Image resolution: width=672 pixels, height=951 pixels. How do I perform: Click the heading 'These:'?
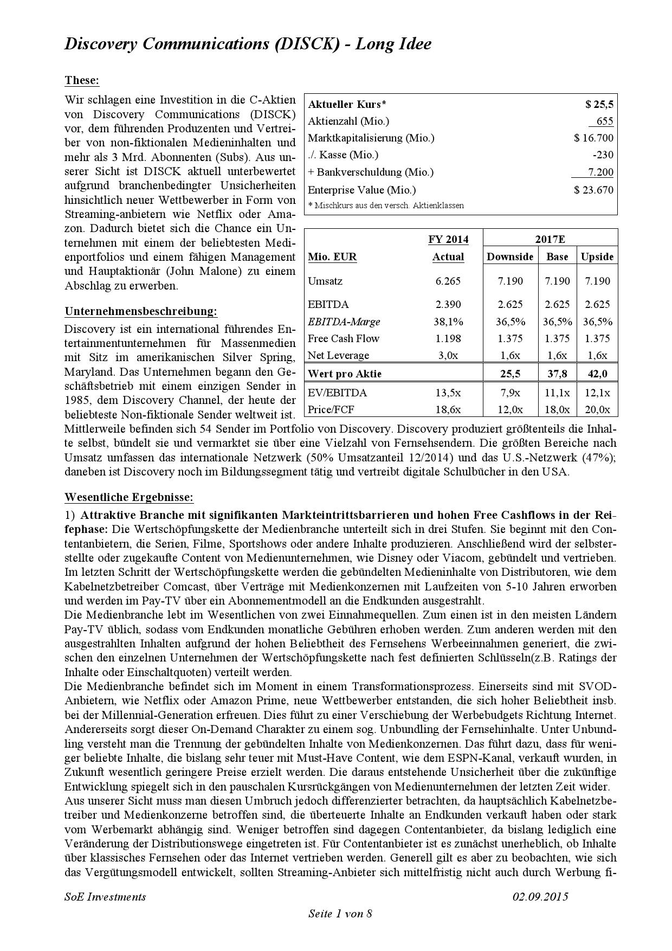click(82, 81)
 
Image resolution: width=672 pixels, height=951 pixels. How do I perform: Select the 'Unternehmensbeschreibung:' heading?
click(141, 312)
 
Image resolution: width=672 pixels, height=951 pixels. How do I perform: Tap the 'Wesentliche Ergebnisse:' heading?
click(129, 497)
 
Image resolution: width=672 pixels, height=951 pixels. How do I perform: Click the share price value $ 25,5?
click(599, 105)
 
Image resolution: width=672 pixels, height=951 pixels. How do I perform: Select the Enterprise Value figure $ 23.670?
click(594, 190)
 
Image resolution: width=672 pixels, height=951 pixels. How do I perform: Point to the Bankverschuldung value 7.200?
click(600, 172)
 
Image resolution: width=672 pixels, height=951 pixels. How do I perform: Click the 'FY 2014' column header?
click(448, 239)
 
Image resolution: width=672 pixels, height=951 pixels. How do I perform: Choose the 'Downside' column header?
click(510, 257)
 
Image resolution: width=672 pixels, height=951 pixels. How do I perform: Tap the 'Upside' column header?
click(597, 257)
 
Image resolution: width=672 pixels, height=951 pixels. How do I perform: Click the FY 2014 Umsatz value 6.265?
click(448, 281)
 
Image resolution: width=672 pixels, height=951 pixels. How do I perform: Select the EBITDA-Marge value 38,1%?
click(448, 322)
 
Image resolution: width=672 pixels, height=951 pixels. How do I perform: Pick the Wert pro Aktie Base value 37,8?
click(557, 374)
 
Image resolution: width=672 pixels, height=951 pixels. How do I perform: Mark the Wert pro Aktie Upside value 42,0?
click(597, 374)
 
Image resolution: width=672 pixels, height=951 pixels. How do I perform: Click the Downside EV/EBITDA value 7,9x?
click(510, 393)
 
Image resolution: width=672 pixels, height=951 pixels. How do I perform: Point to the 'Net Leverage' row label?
click(338, 356)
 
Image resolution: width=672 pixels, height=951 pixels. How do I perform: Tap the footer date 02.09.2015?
click(540, 897)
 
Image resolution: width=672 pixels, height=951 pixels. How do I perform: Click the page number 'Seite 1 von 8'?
click(340, 914)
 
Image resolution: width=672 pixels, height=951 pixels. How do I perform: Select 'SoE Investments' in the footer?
click(105, 897)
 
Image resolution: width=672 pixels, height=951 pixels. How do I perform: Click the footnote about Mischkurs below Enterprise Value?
click(386, 205)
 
